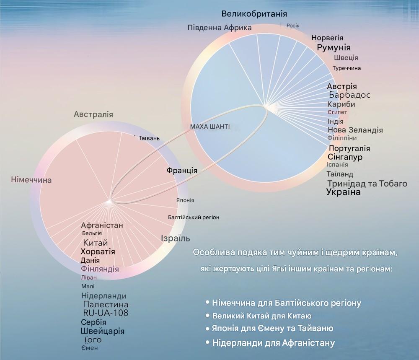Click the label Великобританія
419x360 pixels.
tap(254, 14)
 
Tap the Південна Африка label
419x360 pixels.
tap(220, 28)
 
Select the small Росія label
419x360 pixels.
tap(293, 26)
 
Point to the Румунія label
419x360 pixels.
tap(334, 48)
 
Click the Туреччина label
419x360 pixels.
tap(347, 68)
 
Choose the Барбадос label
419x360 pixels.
tap(349, 95)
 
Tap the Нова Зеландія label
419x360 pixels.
tap(355, 130)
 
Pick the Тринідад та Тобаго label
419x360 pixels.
tap(367, 184)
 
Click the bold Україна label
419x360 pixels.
tap(344, 192)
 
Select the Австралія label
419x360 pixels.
tap(93, 114)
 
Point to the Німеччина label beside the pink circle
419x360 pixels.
tap(31, 180)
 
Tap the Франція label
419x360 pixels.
tap(182, 171)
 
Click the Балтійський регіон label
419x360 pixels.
tap(194, 217)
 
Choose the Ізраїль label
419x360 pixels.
tap(175, 238)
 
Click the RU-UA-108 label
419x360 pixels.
tap(106, 313)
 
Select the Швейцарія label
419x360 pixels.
tap(103, 331)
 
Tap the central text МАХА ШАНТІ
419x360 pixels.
tap(210, 127)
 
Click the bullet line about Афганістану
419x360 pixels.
tap(270, 343)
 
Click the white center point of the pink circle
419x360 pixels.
tap(109, 202)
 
